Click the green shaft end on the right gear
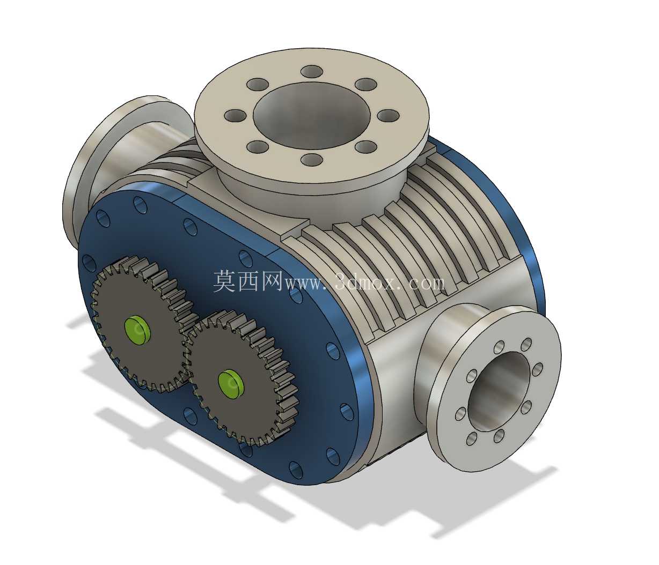(x=231, y=384)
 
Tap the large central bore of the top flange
(x=312, y=115)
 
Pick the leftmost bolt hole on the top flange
(x=236, y=116)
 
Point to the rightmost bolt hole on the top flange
(x=389, y=116)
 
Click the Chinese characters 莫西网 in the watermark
(x=248, y=281)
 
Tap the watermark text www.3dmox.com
(x=364, y=282)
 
